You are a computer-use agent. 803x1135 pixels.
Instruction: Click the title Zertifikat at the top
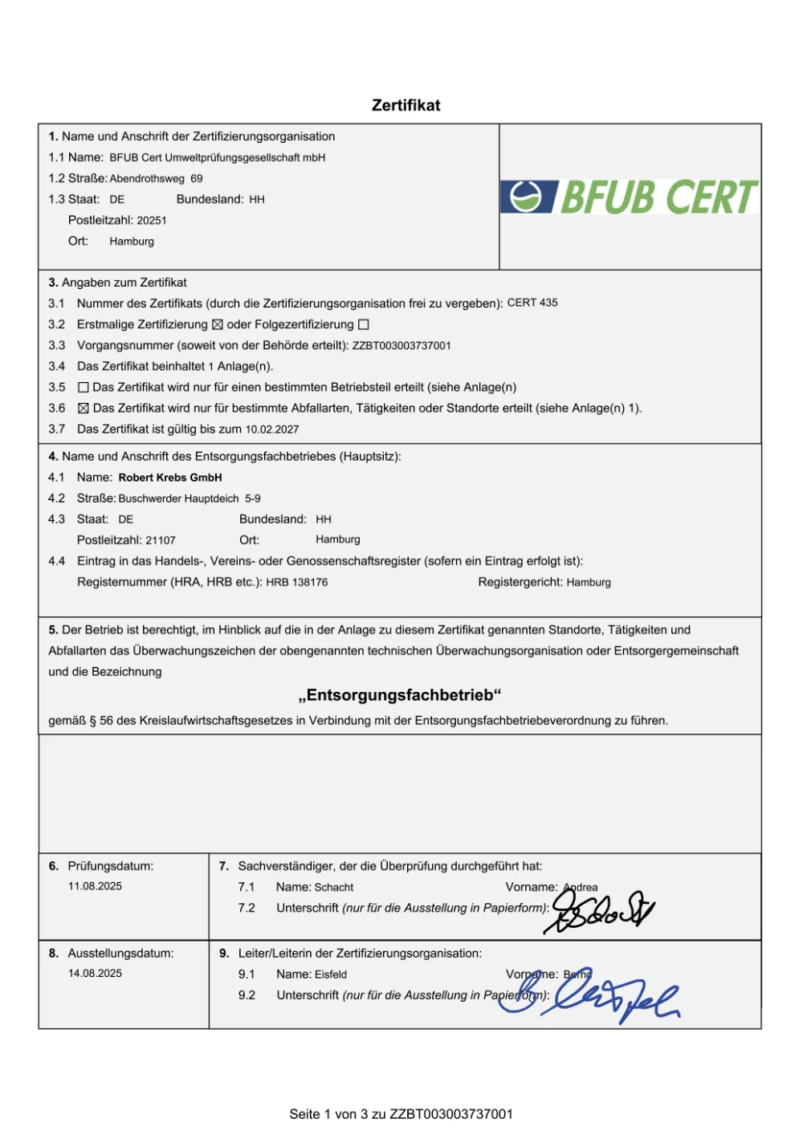click(x=406, y=105)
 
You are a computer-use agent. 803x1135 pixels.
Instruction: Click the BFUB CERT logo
click(x=630, y=197)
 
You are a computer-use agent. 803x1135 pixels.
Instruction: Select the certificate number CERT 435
click(x=532, y=303)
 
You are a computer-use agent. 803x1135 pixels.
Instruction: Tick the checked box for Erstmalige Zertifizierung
click(x=217, y=325)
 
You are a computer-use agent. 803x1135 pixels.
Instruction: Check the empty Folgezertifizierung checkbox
click(x=363, y=325)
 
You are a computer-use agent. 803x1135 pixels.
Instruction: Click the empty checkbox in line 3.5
click(x=83, y=388)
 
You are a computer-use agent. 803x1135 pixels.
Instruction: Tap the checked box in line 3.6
click(x=83, y=409)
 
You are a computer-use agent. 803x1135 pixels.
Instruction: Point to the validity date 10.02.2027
click(x=272, y=429)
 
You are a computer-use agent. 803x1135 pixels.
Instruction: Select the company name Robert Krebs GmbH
click(x=170, y=478)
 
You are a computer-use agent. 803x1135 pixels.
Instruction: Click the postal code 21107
click(x=161, y=540)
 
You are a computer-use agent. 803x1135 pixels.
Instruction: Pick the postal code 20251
click(x=152, y=220)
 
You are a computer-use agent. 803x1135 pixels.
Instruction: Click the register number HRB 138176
click(x=297, y=582)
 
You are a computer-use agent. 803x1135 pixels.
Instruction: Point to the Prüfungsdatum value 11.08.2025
click(x=95, y=886)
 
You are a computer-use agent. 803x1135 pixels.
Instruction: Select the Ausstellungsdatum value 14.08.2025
click(x=95, y=973)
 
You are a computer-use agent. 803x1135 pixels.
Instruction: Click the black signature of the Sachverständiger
click(x=602, y=912)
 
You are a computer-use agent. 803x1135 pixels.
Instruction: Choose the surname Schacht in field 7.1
click(x=334, y=887)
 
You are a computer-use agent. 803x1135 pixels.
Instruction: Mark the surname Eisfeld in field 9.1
click(x=331, y=974)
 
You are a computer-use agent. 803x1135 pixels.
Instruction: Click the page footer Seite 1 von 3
click(x=401, y=1114)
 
